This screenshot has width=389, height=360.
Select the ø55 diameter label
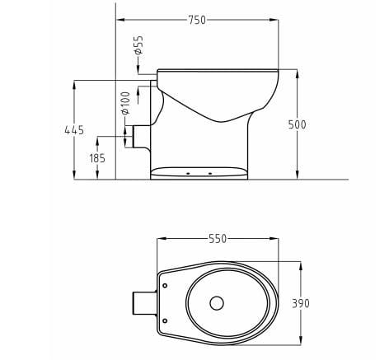pos(138,45)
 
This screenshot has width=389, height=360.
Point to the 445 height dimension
pos(73,129)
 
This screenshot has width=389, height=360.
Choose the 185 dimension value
pos(97,158)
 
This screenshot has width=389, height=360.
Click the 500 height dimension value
pos(298,124)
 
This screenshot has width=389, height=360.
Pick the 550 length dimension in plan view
pos(217,238)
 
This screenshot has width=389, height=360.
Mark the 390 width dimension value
pos(301,304)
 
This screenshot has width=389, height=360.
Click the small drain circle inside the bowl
pos(217,302)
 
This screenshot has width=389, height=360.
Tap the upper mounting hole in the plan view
pos(165,286)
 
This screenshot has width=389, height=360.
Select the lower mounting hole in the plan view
pos(165,320)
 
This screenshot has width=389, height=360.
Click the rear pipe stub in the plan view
pos(143,302)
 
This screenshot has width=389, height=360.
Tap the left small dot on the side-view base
pos(190,174)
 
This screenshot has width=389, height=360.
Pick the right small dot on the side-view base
pos(210,174)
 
